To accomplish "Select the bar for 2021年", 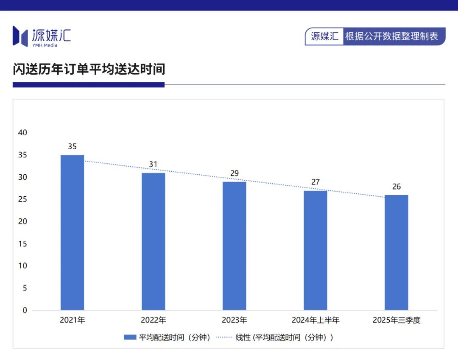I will click(72, 232).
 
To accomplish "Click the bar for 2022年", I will click(153, 241).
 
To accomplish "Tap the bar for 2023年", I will click(234, 246).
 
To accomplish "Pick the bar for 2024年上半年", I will click(315, 250).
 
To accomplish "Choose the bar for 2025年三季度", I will click(396, 252).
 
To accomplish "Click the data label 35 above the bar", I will click(72, 147).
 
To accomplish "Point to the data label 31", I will click(153, 165).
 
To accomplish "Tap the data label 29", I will click(234, 173).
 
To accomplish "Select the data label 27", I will click(315, 182).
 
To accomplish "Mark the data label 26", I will click(396, 187).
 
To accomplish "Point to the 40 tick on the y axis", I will click(22, 133).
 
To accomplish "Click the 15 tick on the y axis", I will click(22, 244).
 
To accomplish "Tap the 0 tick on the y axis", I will click(25, 310).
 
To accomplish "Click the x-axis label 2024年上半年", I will click(315, 320).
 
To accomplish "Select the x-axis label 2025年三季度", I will click(396, 320).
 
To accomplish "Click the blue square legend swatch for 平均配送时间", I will click(129, 338).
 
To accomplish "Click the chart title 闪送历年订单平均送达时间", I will click(89, 69).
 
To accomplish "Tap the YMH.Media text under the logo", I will click(45, 45).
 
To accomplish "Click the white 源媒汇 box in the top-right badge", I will click(324, 36).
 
